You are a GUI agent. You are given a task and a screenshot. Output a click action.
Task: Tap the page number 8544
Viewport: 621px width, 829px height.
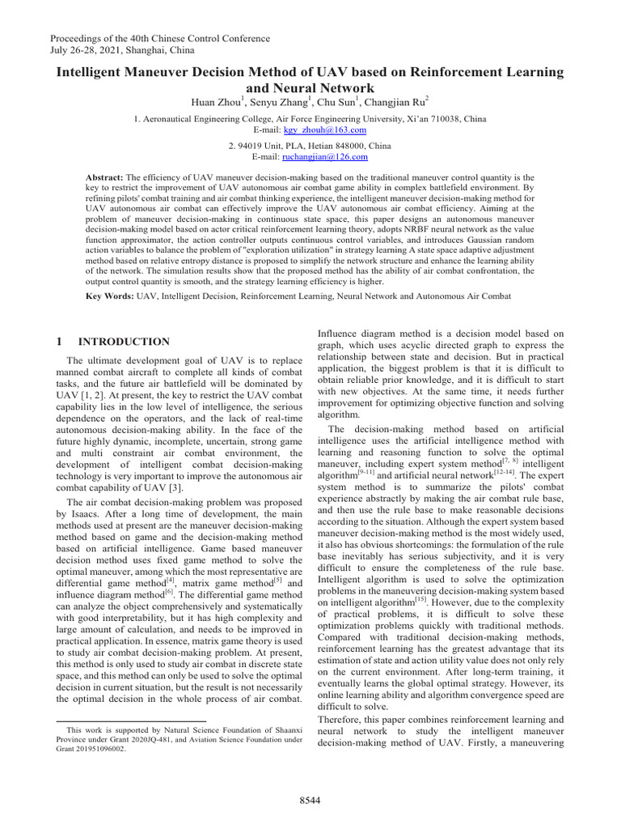pyautogui.click(x=310, y=801)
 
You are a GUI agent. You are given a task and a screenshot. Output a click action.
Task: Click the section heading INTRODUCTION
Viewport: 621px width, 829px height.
pyautogui.click(x=124, y=342)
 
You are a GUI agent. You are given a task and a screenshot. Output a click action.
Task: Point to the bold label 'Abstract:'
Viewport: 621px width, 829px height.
pyautogui.click(x=104, y=176)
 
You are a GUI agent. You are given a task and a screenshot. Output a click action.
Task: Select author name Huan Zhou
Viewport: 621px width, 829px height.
pyautogui.click(x=215, y=103)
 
